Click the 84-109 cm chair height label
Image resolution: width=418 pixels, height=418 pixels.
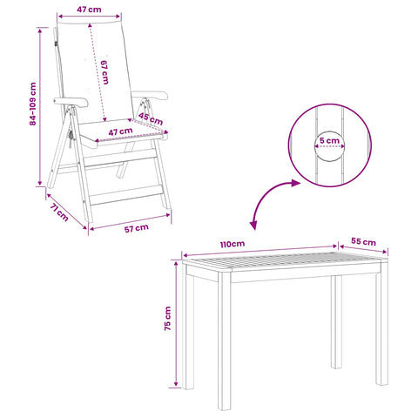pyautogui.click(x=33, y=104)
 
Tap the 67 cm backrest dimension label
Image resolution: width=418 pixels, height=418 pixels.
pyautogui.click(x=104, y=72)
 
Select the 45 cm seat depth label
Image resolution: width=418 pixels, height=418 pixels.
pyautogui.click(x=151, y=118)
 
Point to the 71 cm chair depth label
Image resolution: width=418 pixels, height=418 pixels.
pyautogui.click(x=59, y=212)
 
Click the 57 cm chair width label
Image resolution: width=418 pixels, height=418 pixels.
pyautogui.click(x=137, y=228)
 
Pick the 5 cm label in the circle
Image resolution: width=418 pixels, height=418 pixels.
pyautogui.click(x=329, y=141)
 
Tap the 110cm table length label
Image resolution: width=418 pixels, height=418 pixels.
pyautogui.click(x=233, y=244)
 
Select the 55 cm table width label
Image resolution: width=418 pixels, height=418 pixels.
pyautogui.click(x=363, y=241)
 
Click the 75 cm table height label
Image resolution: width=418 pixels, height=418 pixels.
pyautogui.click(x=168, y=319)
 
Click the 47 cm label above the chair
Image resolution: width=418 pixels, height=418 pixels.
pyautogui.click(x=89, y=10)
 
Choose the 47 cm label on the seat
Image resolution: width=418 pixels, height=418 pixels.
pyautogui.click(x=120, y=131)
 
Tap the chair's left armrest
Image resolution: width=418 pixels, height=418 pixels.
pyautogui.click(x=71, y=102)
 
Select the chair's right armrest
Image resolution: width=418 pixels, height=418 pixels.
pyautogui.click(x=150, y=96)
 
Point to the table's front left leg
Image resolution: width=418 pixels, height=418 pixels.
pyautogui.click(x=225, y=341)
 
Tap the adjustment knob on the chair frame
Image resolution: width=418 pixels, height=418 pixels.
pyautogui.click(x=71, y=135)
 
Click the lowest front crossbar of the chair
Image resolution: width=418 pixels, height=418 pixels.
pyautogui.click(x=126, y=195)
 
